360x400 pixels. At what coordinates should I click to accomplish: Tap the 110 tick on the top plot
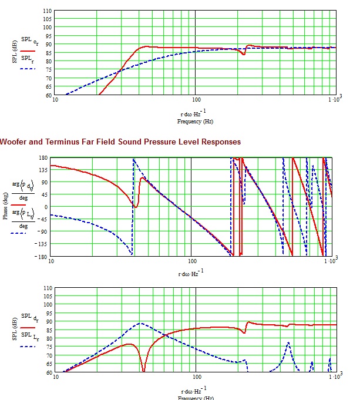47,11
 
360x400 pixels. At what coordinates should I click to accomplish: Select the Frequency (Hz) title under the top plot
195,122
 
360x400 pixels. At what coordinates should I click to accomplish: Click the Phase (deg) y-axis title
5,207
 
